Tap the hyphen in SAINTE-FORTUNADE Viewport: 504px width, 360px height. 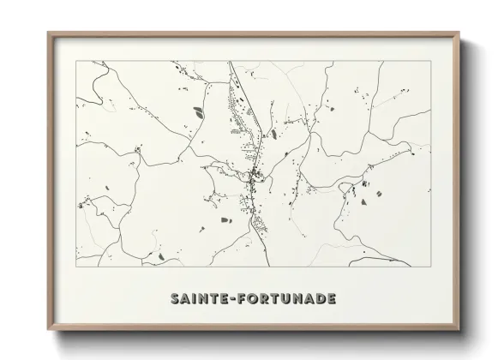tap(233, 300)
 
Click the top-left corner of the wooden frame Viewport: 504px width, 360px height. tap(48, 33)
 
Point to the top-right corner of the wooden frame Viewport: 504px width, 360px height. tap(459, 33)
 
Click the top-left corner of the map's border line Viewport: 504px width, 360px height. tap(75, 61)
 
